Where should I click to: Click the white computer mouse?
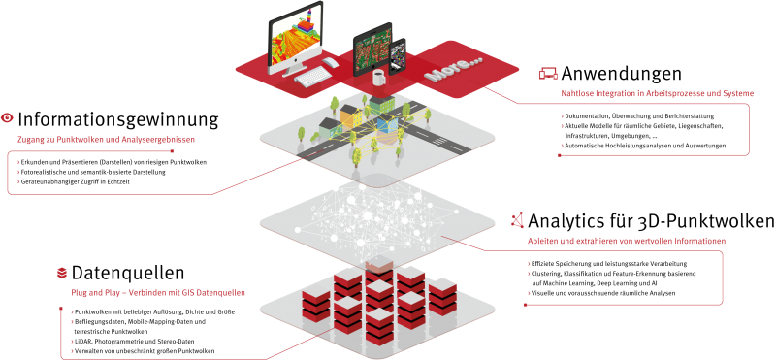pos(332,63)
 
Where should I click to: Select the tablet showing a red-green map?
pos(372,49)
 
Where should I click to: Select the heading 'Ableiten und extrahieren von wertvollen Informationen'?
pos(627,240)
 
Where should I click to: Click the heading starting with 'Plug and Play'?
pos(157,292)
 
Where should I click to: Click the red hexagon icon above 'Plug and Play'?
pos(63,273)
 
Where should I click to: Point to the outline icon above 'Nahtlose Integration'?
pos(548,73)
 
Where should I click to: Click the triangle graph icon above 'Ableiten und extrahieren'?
pos(519,220)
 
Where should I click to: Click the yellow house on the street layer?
pos(350,119)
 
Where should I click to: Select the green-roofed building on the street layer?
pos(324,126)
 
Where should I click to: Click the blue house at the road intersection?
pos(387,127)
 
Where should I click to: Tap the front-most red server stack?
pos(379,326)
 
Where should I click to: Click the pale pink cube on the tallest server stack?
pos(379,266)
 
